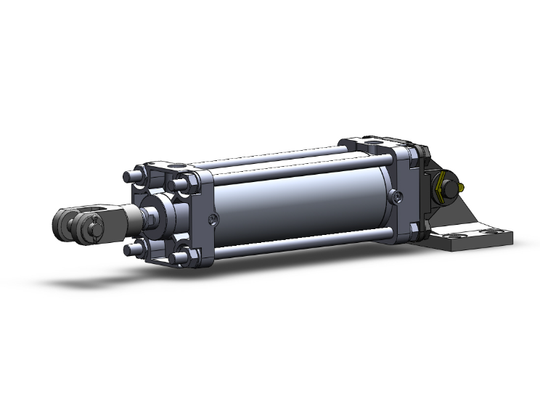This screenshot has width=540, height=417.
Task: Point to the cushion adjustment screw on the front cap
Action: (211, 220)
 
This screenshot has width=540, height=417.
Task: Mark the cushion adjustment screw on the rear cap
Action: (395, 196)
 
